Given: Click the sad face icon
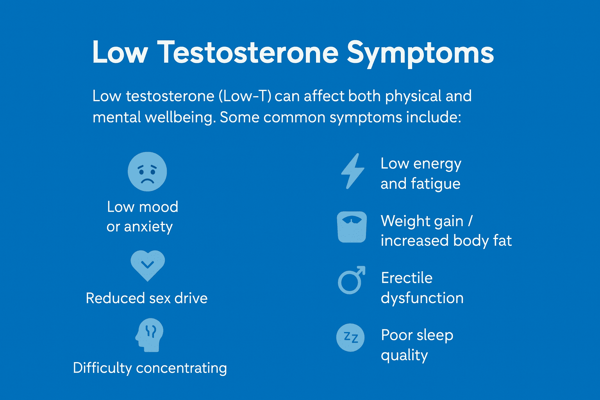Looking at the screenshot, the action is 147,171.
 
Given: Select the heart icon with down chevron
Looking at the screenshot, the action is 148,266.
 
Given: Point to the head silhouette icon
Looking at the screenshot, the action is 150,335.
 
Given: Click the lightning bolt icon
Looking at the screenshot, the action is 352,171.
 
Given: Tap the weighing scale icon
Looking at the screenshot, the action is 352,227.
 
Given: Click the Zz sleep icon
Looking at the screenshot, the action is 350,337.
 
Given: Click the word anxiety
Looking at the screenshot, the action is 148,227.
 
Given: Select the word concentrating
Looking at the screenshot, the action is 182,368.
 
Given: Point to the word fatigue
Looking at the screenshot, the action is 436,184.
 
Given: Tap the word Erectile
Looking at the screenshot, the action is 407,278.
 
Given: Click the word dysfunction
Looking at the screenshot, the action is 422,298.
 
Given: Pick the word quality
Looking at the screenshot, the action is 404,356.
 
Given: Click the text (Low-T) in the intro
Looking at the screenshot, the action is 245,96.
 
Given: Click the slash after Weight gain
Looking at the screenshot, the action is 470,221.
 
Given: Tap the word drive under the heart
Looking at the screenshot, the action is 191,298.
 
